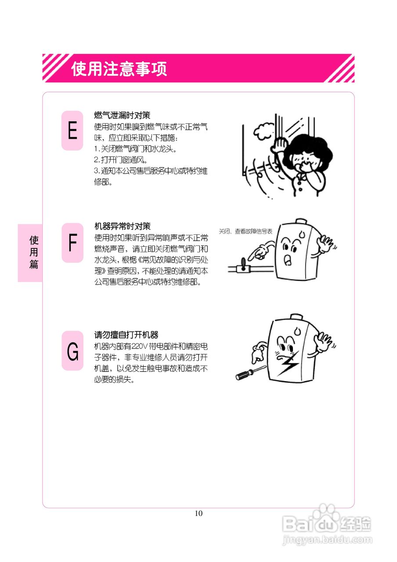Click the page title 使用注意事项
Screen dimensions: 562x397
pyautogui.click(x=119, y=69)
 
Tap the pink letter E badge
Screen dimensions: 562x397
pyautogui.click(x=72, y=130)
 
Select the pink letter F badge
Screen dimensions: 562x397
pyautogui.click(x=72, y=243)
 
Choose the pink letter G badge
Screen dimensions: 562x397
pyautogui.click(x=72, y=351)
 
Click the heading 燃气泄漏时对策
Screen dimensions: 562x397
pyautogui.click(x=123, y=115)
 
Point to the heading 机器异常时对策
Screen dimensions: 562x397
pyautogui.click(x=123, y=227)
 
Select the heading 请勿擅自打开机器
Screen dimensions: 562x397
pyautogui.click(x=126, y=335)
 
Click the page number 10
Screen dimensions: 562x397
pyautogui.click(x=198, y=513)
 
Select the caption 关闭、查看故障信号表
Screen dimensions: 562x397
pyautogui.click(x=245, y=231)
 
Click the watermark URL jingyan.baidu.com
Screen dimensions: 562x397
pyautogui.click(x=327, y=539)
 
